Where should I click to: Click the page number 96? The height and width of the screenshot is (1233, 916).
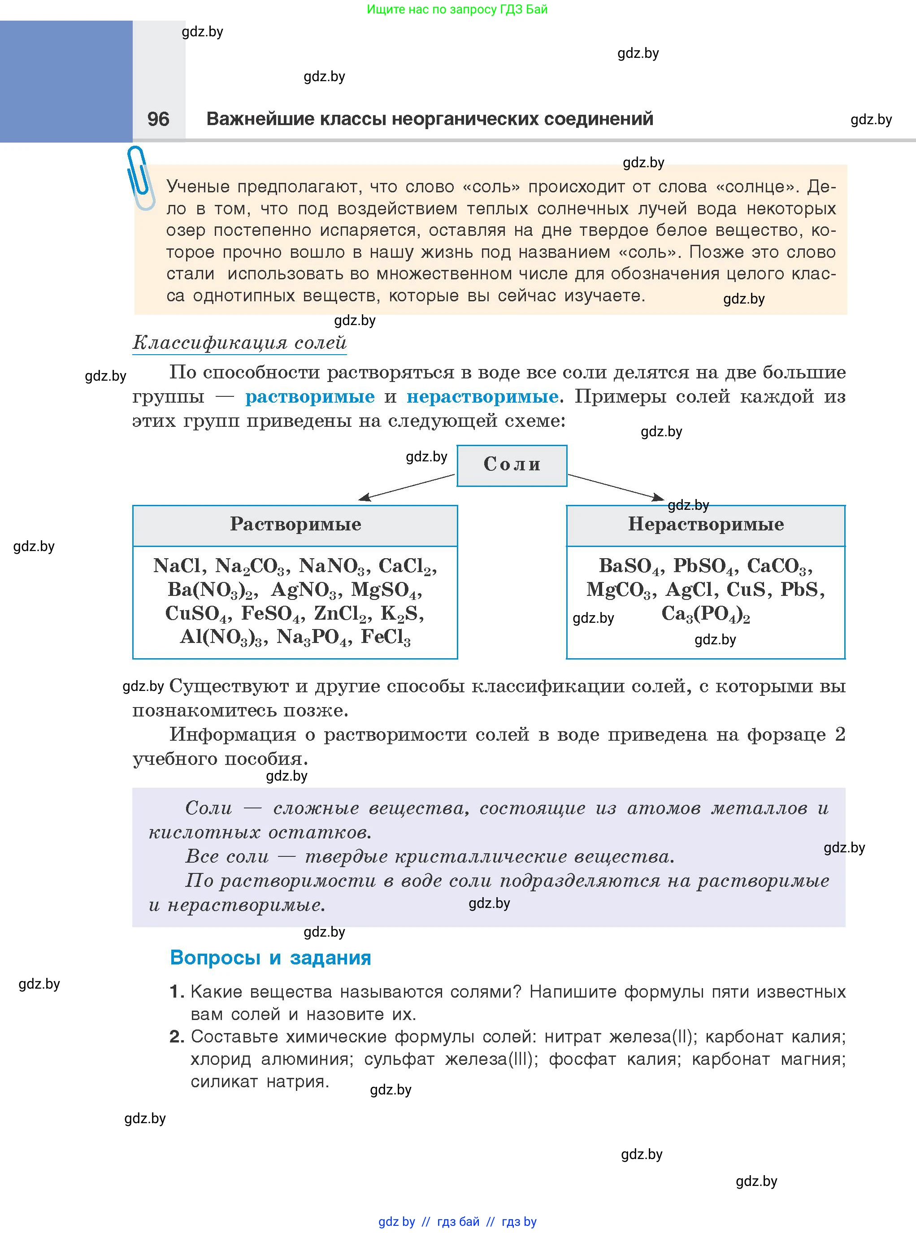coord(158,119)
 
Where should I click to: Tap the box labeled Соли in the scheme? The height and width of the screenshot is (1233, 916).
coord(512,465)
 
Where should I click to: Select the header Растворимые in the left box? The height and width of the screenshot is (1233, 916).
coord(295,525)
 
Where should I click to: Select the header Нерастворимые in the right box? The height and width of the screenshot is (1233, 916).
coord(705,525)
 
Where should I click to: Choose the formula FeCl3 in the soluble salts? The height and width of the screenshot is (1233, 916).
coord(386,638)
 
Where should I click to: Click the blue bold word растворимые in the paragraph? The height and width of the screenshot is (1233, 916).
coord(310,397)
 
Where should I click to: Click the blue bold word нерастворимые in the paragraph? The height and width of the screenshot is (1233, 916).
coord(482,397)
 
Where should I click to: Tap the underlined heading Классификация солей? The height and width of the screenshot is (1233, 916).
coord(239,343)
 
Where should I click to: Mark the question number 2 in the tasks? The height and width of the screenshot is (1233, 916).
coord(176,1036)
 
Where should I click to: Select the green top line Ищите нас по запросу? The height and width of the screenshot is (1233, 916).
coord(457,9)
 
